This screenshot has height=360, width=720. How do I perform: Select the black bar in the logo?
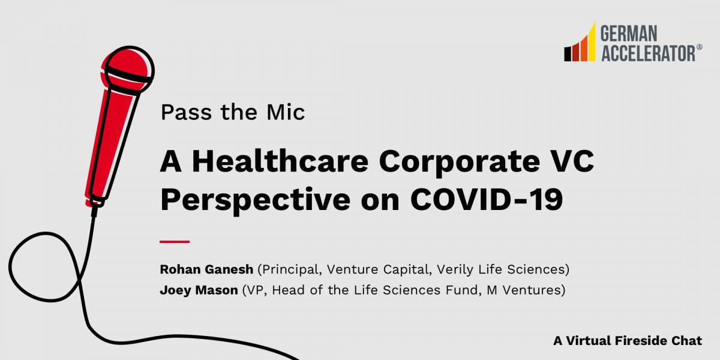pyautogui.click(x=566, y=54)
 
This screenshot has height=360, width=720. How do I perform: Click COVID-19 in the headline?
pyautogui.click(x=487, y=200)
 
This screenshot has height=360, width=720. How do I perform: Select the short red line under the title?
pyautogui.click(x=175, y=241)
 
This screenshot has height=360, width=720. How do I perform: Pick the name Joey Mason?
pyautogui.click(x=197, y=291)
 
